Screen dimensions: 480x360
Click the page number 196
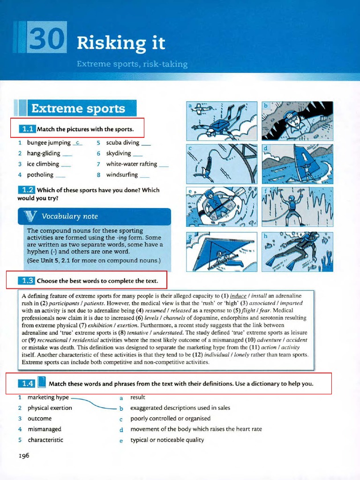[23, 455]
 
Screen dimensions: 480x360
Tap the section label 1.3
[27, 281]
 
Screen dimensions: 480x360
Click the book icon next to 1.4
[41, 383]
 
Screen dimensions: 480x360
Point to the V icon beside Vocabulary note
[31, 216]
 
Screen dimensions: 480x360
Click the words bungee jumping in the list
[49, 142]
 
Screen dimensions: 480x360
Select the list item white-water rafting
[131, 164]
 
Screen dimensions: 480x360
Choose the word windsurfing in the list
[122, 175]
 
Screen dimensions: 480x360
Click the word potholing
[40, 175]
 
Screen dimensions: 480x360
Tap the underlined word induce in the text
[238, 296]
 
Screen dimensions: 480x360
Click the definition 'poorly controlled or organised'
[170, 418]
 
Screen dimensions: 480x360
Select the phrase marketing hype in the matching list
[48, 397]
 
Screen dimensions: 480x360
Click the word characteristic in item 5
[45, 440]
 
